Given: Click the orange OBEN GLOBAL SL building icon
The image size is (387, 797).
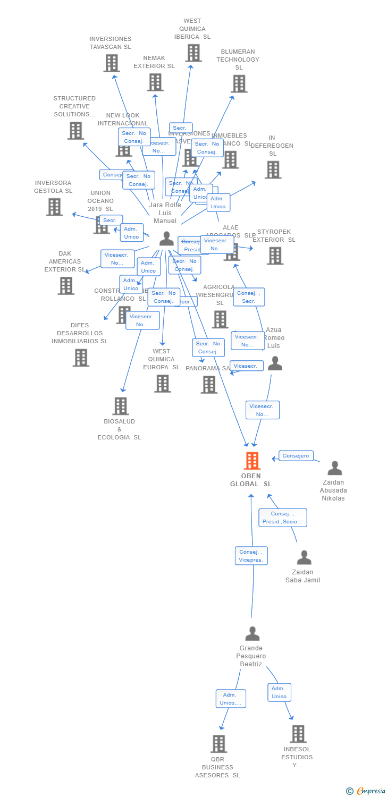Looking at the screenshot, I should tap(252, 461).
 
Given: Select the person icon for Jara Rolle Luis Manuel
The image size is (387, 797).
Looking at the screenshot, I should tap(166, 239).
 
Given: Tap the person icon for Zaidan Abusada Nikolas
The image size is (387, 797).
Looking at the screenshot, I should tap(334, 468).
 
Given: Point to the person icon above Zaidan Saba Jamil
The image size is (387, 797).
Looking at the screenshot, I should tap(304, 557).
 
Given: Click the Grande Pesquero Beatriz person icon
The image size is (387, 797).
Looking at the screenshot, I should tap(252, 633).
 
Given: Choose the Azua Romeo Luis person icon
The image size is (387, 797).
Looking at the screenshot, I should tap(275, 363).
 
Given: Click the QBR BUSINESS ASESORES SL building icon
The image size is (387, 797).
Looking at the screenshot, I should tap(219, 744).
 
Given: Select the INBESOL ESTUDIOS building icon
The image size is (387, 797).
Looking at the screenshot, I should tap(298, 734).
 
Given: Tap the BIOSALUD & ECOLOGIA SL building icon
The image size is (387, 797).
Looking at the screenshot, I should tap(121, 406).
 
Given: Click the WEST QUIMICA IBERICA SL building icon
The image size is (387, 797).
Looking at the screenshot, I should tap(193, 53).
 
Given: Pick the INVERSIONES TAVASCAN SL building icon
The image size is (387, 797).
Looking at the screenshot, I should tap(111, 63).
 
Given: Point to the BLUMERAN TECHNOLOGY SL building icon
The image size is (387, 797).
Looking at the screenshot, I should tap(239, 83).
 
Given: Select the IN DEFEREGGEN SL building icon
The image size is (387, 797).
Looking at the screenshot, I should tap(273, 169).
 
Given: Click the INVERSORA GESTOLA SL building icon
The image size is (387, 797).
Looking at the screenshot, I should tap(54, 207).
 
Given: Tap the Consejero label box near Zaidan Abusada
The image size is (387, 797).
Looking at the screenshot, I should tap(296, 456).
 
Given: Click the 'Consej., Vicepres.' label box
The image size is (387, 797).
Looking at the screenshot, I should tap(251, 556).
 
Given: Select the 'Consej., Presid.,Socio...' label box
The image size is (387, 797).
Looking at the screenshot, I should tap(282, 518).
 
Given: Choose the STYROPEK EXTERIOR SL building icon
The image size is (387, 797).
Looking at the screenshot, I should tap(275, 256).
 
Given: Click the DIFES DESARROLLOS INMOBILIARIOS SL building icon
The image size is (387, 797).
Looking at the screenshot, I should tap(81, 358).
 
